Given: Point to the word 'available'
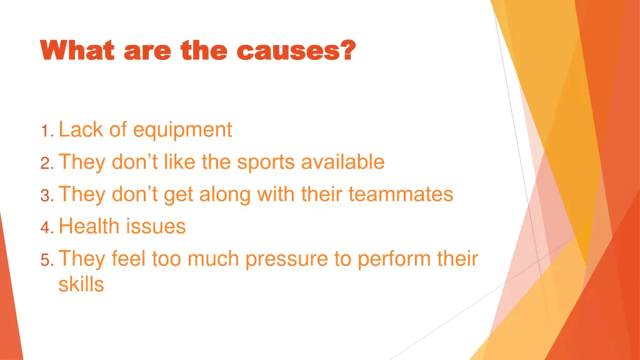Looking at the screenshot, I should (342, 162).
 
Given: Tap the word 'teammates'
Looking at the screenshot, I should (401, 194).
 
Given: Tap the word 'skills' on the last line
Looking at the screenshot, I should (81, 284).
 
